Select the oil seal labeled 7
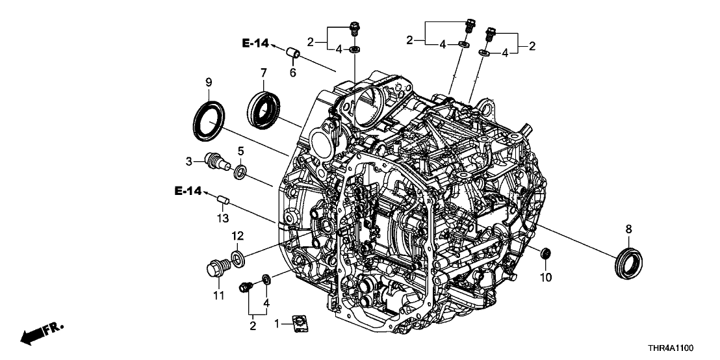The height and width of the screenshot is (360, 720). pos(265,108)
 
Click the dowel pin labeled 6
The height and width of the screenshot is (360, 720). pos(293,51)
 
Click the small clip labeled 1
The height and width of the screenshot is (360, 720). pos(300,321)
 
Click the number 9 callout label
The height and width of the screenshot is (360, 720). pos(209,82)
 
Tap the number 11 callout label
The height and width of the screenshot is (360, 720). pos(218,296)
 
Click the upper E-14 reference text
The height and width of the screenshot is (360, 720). pos(256,44)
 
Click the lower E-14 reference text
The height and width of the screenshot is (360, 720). pos(188,190)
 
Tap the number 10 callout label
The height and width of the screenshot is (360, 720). pos(546,277)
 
